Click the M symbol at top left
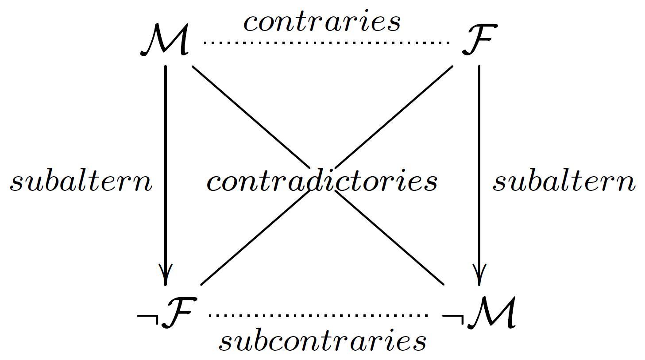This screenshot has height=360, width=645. tap(165, 41)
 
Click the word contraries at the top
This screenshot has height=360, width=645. tap(322, 22)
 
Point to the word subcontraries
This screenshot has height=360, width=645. tap(322, 341)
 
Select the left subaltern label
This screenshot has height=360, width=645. tap(81, 182)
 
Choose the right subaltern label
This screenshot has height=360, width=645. tap(564, 182)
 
